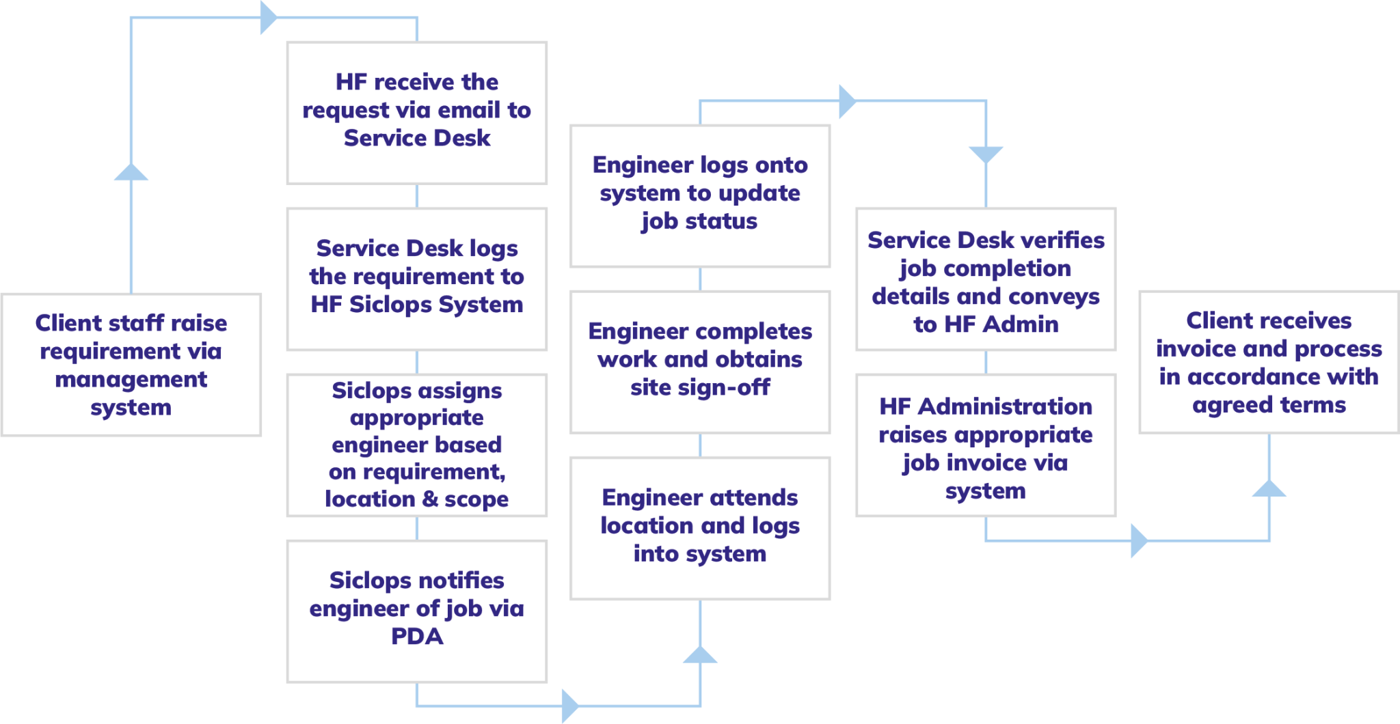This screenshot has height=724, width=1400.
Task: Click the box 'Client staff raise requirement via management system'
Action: (131, 365)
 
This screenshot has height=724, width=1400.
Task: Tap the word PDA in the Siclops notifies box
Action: (417, 637)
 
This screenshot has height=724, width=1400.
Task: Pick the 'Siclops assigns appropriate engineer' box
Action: (416, 444)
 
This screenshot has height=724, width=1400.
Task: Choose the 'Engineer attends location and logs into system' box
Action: (700, 527)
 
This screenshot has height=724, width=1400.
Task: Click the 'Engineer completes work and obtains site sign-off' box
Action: (700, 361)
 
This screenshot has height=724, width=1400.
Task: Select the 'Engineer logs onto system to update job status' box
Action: (700, 195)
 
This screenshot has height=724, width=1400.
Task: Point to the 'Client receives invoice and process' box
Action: (1269, 362)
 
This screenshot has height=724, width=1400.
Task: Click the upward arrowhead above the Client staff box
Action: (131, 172)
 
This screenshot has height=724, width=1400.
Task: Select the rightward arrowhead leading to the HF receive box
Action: (269, 18)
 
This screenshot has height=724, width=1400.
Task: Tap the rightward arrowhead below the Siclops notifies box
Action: (569, 705)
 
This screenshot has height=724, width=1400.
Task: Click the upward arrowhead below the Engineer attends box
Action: (700, 654)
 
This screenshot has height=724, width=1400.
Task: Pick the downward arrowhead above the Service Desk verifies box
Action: (986, 154)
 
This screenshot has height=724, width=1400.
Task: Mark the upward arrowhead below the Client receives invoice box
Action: (1269, 488)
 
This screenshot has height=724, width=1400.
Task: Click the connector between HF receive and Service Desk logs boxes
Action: (417, 195)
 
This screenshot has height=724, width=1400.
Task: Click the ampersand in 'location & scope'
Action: (430, 499)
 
